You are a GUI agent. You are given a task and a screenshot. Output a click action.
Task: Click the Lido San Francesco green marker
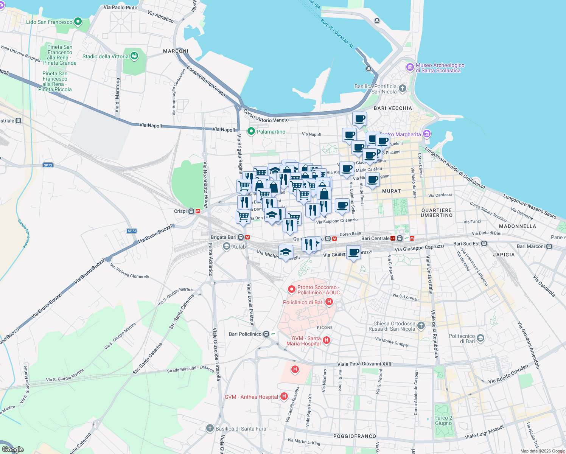pyautogui.click(x=78, y=22)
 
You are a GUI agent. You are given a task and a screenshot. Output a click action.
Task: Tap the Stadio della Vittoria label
pyautogui.click(x=106, y=56)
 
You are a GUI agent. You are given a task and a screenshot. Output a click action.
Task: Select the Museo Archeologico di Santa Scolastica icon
pyautogui.click(x=410, y=67)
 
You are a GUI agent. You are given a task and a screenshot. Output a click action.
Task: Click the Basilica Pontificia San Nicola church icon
pyautogui.click(x=403, y=89)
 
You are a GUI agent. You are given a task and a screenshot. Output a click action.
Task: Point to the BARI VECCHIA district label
pyautogui.click(x=393, y=108)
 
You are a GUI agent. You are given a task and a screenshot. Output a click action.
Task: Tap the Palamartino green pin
pyautogui.click(x=251, y=131)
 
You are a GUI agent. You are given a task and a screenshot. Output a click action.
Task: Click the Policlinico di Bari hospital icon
pyautogui.click(x=329, y=302)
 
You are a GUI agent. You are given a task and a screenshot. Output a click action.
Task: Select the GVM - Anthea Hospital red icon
pyautogui.click(x=284, y=396)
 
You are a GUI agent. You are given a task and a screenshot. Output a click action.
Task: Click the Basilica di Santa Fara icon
pyautogui.click(x=210, y=428)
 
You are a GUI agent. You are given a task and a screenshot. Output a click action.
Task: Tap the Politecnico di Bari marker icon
pyautogui.click(x=480, y=338)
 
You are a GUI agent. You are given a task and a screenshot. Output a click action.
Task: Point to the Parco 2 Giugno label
pyautogui.click(x=443, y=420)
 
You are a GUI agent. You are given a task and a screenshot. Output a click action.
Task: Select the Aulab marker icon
pyautogui.click(x=227, y=247)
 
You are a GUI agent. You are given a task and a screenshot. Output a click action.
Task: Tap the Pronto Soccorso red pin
pyautogui.click(x=292, y=289)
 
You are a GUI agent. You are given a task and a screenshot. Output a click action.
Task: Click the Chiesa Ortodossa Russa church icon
pyautogui.click(x=421, y=325)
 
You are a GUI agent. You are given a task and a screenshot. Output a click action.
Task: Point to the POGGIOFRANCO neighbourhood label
pyautogui.click(x=355, y=436)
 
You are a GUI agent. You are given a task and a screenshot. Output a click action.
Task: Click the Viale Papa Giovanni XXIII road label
pyautogui.click(x=365, y=364)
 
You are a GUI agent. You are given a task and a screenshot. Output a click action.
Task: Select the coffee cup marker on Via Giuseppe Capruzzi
pyautogui.click(x=354, y=252)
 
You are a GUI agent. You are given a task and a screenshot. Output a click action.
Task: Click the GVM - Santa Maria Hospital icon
pyautogui.click(x=327, y=340)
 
